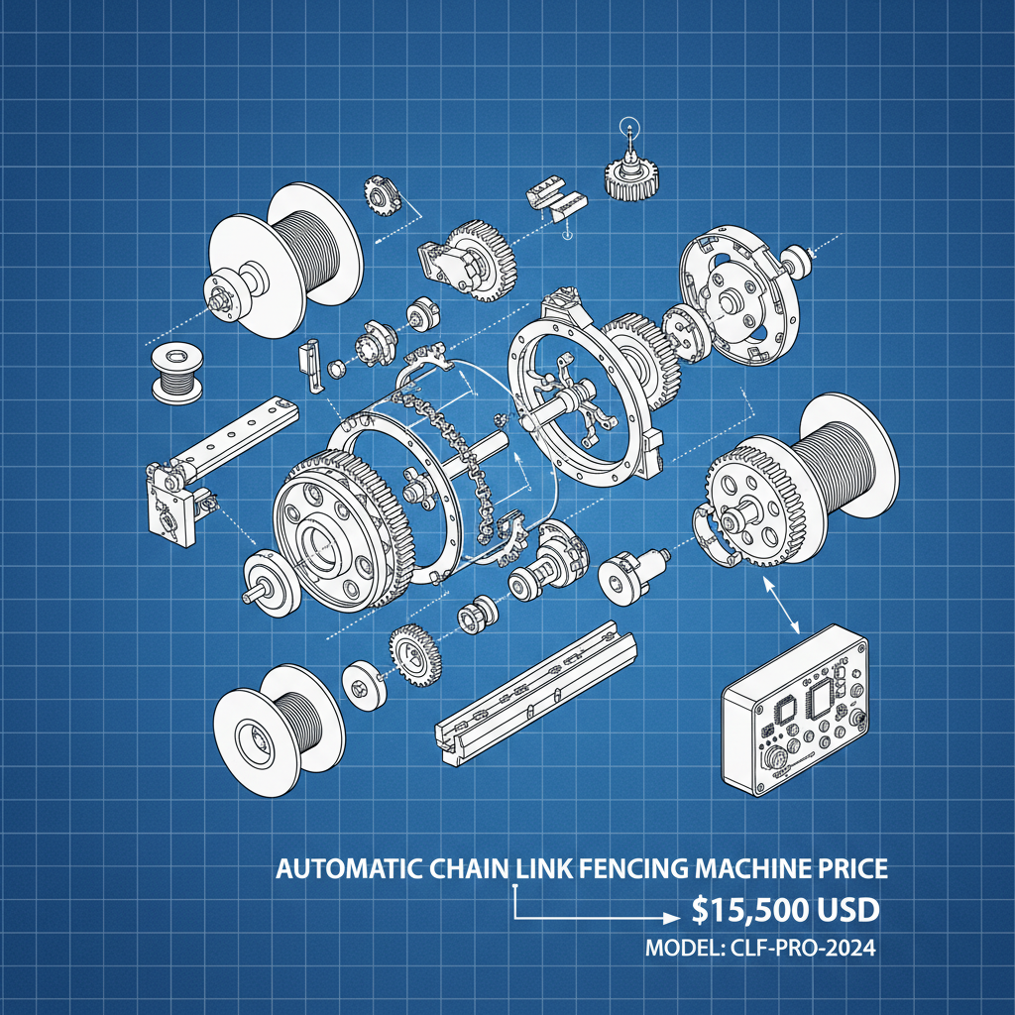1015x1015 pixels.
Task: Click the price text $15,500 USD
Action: (x=787, y=911)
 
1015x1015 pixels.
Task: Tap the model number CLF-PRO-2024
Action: (x=760, y=949)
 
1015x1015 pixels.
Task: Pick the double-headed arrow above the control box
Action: (x=784, y=607)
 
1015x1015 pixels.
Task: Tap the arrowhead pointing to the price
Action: (x=670, y=919)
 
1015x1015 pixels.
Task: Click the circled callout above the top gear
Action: (x=627, y=128)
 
